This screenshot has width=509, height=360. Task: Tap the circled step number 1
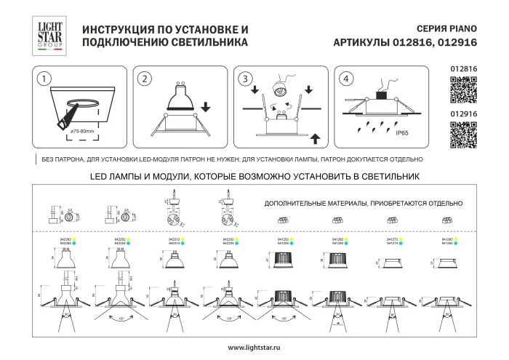(x=45, y=79)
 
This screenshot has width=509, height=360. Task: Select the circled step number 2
(x=145, y=79)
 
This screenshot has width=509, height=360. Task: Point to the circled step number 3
(x=246, y=79)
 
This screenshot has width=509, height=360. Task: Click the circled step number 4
(x=345, y=79)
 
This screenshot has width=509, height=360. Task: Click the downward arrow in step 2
(x=206, y=107)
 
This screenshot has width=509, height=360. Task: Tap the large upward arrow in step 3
(x=314, y=137)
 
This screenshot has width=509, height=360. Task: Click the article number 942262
(x=60, y=238)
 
